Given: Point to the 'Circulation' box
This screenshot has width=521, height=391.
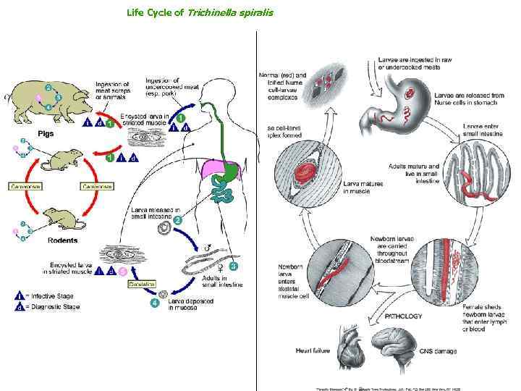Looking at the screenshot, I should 143,284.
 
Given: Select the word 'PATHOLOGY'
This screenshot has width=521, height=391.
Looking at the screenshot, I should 407,316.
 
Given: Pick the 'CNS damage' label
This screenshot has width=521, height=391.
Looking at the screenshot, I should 439,351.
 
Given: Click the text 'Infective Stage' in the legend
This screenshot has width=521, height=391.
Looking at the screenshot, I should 49,295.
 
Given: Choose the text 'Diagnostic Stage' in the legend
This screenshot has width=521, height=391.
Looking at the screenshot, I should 53,306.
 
